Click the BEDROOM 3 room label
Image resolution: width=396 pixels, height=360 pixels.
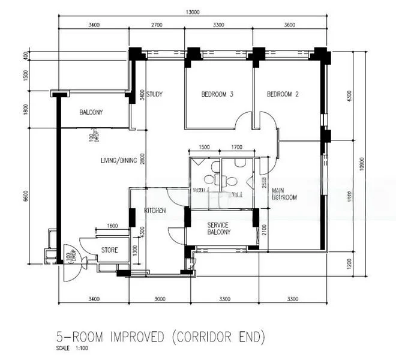217,94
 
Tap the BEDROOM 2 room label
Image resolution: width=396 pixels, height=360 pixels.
283,94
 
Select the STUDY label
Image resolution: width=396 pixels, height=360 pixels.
155,94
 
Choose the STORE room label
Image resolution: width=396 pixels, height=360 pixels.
109,250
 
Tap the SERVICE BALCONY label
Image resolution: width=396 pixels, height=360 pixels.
221,228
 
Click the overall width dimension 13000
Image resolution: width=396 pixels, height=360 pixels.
194,11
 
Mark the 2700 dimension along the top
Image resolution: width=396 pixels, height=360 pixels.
156,25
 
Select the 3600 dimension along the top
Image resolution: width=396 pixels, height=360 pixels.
290,25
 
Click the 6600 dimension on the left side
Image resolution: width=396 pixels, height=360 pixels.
25,196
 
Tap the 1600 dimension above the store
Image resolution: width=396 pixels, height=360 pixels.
112,226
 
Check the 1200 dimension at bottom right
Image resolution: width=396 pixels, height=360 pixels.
349,262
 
